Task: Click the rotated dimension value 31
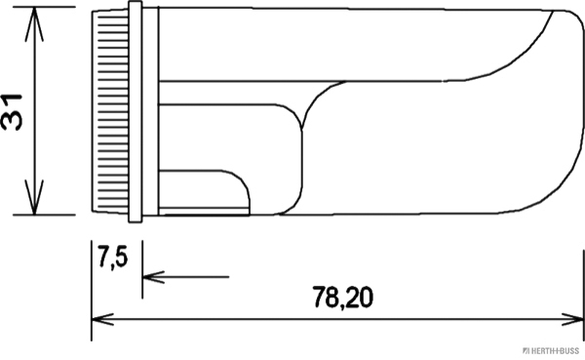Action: (14, 110)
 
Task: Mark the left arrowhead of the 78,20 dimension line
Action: (98, 319)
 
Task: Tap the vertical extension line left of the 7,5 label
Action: (92, 283)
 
